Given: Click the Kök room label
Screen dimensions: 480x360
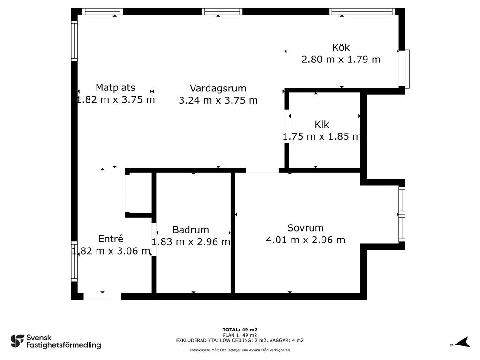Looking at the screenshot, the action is click(341, 47).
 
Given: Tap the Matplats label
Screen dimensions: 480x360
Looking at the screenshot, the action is click(115, 88).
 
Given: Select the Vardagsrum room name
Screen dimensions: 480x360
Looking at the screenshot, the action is click(218, 89).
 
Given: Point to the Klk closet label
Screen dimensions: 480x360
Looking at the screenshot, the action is click(322, 124).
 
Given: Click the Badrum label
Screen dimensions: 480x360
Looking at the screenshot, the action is click(191, 230).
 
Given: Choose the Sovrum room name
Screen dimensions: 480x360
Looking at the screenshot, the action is click(305, 228).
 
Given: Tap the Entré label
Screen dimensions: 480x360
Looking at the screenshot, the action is click(111, 239).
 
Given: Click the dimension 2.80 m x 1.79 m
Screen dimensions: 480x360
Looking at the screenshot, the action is click(341, 60).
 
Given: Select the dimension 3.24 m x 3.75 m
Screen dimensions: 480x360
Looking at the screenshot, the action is click(218, 100).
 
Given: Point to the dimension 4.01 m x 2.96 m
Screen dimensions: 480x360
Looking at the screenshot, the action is click(305, 240).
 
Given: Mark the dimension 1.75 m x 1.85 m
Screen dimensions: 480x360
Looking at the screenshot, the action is click(322, 136).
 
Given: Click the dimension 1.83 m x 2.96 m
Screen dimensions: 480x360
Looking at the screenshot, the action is click(191, 242).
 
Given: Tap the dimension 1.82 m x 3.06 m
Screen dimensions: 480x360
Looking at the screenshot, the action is click(111, 251).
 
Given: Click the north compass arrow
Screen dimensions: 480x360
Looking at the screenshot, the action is click(463, 342).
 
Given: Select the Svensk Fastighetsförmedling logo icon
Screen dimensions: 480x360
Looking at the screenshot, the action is click(17, 341).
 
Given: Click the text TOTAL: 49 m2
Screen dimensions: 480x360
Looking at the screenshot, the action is click(240, 330).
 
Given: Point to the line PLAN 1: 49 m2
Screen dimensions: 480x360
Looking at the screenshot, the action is click(240, 335).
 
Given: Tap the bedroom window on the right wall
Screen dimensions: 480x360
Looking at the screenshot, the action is click(402, 214).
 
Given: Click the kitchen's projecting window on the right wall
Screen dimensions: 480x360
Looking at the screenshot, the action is click(404, 69).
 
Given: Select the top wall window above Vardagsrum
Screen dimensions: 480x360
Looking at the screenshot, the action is click(222, 12).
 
